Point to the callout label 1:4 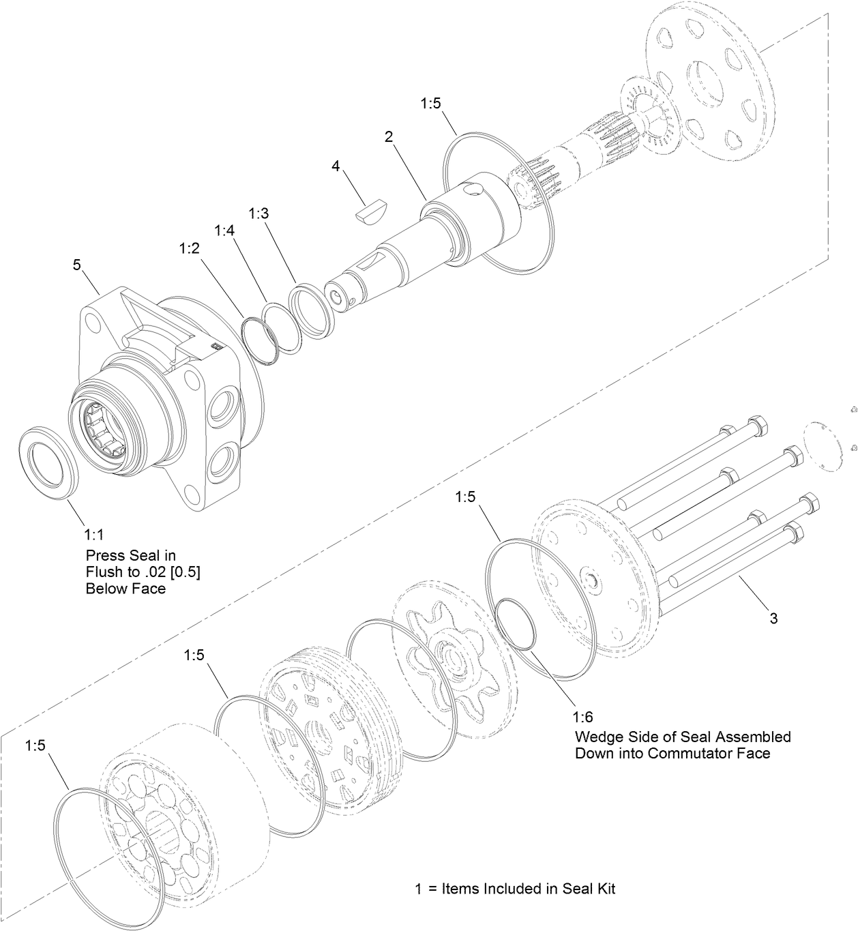coord(224,231)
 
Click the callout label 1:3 coord(258,213)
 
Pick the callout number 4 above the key coord(336,166)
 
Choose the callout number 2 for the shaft coord(388,136)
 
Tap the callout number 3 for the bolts coord(773,619)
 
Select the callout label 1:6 coord(582,717)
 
